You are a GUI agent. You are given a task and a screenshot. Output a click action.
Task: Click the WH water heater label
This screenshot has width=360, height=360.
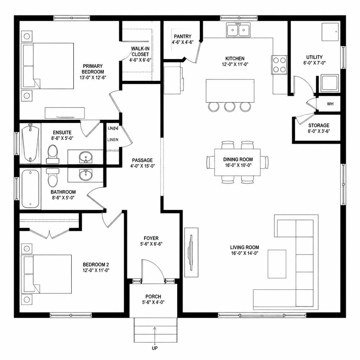[x=330, y=104]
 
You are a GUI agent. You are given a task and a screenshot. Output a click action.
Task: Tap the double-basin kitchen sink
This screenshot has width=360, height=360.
[x=238, y=30]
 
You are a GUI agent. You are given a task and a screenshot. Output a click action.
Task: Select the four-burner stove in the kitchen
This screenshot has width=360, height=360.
[x=279, y=65]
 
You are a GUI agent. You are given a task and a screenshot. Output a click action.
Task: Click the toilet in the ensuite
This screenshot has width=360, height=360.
[x=53, y=154]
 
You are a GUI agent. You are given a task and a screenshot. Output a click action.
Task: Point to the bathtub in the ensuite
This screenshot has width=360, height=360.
[x=30, y=143]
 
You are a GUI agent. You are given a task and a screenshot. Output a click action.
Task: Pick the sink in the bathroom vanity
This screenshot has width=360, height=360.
[x=86, y=175]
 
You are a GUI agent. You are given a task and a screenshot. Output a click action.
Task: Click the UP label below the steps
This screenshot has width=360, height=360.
[x=155, y=348]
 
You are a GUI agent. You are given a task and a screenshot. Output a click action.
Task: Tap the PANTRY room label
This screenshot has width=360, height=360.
[x=182, y=36]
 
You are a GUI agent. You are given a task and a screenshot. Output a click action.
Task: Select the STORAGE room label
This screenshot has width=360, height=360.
[x=319, y=126]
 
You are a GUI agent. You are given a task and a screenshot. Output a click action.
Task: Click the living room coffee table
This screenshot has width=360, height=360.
[x=277, y=264]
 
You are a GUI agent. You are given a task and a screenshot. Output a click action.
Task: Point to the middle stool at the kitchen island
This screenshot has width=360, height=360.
[x=230, y=107]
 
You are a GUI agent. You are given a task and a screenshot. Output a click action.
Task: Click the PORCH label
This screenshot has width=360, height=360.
[x=153, y=297]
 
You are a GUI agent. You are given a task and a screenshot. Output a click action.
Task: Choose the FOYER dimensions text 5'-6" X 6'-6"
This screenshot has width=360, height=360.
[x=151, y=244]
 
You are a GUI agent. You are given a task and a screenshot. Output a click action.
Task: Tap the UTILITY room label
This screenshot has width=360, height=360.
[x=314, y=57]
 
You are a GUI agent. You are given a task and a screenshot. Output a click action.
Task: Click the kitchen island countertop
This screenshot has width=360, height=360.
[x=230, y=91]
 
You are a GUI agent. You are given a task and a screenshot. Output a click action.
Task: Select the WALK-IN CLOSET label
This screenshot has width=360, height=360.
[x=140, y=51]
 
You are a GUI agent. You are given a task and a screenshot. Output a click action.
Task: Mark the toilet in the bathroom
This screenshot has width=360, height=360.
[x=53, y=178]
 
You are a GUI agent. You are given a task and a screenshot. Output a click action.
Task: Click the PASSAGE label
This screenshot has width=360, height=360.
[x=142, y=160]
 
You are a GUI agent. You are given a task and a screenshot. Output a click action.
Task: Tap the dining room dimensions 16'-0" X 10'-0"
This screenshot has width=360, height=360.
[x=238, y=165]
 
